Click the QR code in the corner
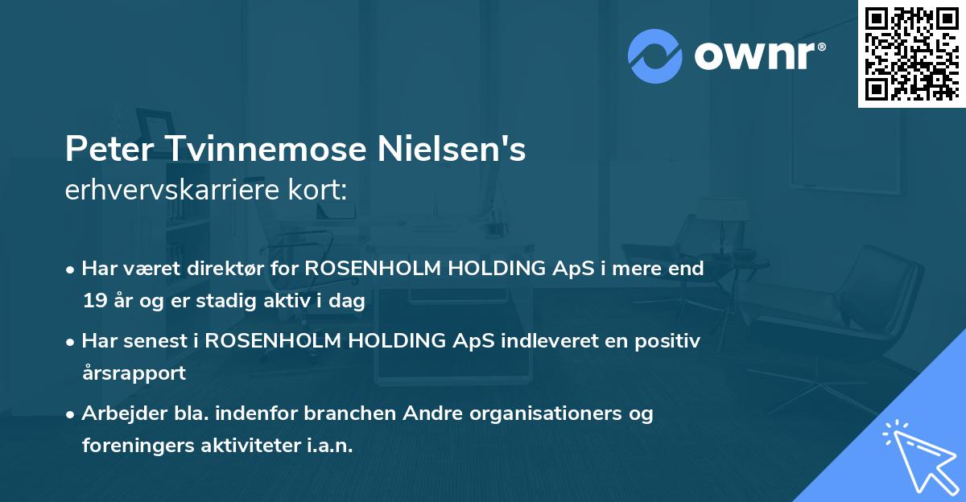911,54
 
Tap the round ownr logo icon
654,56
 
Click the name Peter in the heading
105,150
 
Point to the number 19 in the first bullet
93,302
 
